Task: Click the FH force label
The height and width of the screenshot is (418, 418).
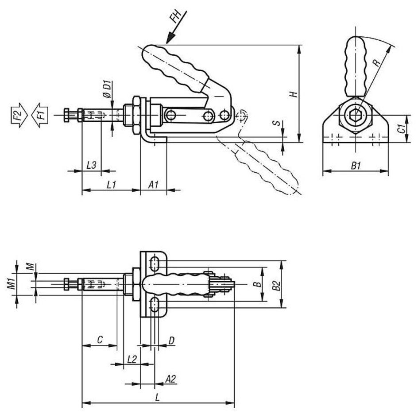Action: [x=175, y=17]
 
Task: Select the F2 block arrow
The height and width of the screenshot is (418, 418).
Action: [x=19, y=115]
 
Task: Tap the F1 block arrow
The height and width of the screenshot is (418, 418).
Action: [x=40, y=115]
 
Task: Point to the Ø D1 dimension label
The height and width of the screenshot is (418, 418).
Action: [x=107, y=89]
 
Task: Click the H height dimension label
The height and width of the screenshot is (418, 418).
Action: [x=294, y=94]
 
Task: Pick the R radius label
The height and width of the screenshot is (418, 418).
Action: [x=376, y=62]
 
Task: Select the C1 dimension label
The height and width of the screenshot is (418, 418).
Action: [x=402, y=128]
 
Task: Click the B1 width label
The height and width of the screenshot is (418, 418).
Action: [x=356, y=166]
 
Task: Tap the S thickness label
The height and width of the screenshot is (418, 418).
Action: [x=278, y=123]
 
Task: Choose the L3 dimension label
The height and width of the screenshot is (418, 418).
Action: [x=91, y=165]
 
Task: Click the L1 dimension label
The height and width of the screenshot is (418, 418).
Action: [x=112, y=185]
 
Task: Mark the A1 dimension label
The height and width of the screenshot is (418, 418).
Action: [x=153, y=185]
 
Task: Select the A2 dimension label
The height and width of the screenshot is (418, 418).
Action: [x=170, y=379]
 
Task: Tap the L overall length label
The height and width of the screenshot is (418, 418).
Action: [x=158, y=398]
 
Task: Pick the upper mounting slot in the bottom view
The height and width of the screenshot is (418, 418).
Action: [x=155, y=263]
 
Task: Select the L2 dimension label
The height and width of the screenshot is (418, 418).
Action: [x=132, y=360]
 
